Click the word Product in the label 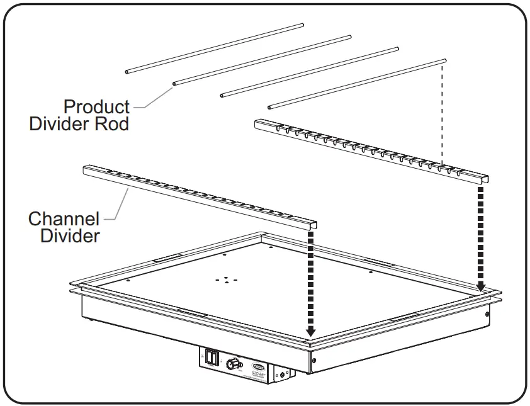point(96,107)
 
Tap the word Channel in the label point(64,220)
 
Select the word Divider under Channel point(70,237)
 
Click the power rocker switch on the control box point(212,359)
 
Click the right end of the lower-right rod point(444,60)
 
